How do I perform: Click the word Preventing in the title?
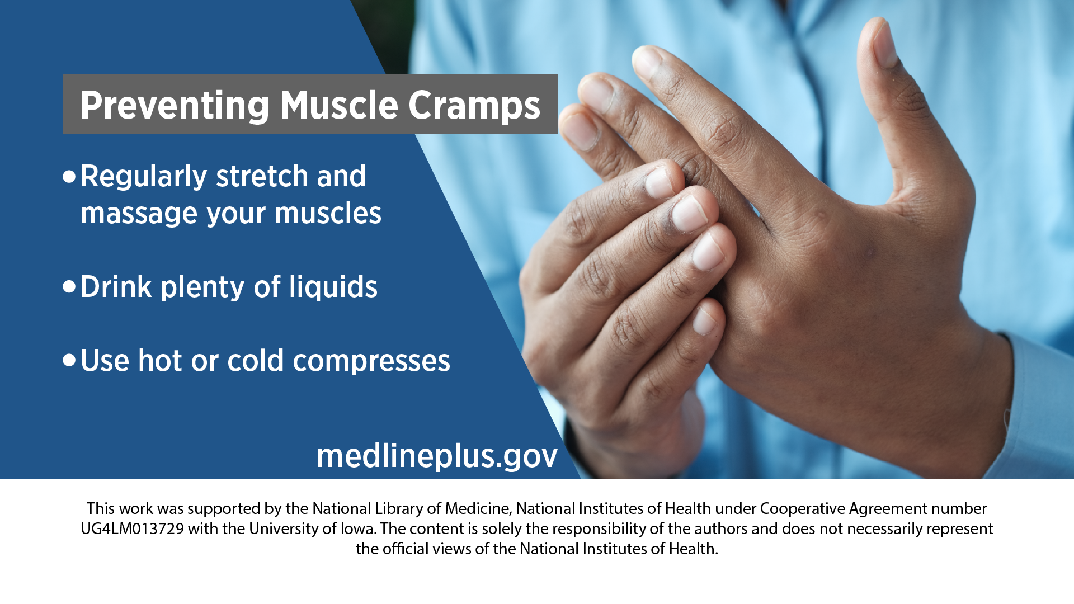click(x=175, y=106)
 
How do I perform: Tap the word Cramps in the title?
click(x=474, y=106)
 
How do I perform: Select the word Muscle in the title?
click(x=339, y=105)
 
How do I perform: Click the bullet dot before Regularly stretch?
click(x=69, y=177)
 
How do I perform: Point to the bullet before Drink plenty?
click(x=69, y=287)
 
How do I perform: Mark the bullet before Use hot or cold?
click(x=69, y=360)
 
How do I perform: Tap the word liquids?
click(x=333, y=287)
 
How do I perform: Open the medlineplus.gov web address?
click(x=437, y=456)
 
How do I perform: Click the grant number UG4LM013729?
click(x=133, y=528)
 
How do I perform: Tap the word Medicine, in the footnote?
click(x=478, y=508)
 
